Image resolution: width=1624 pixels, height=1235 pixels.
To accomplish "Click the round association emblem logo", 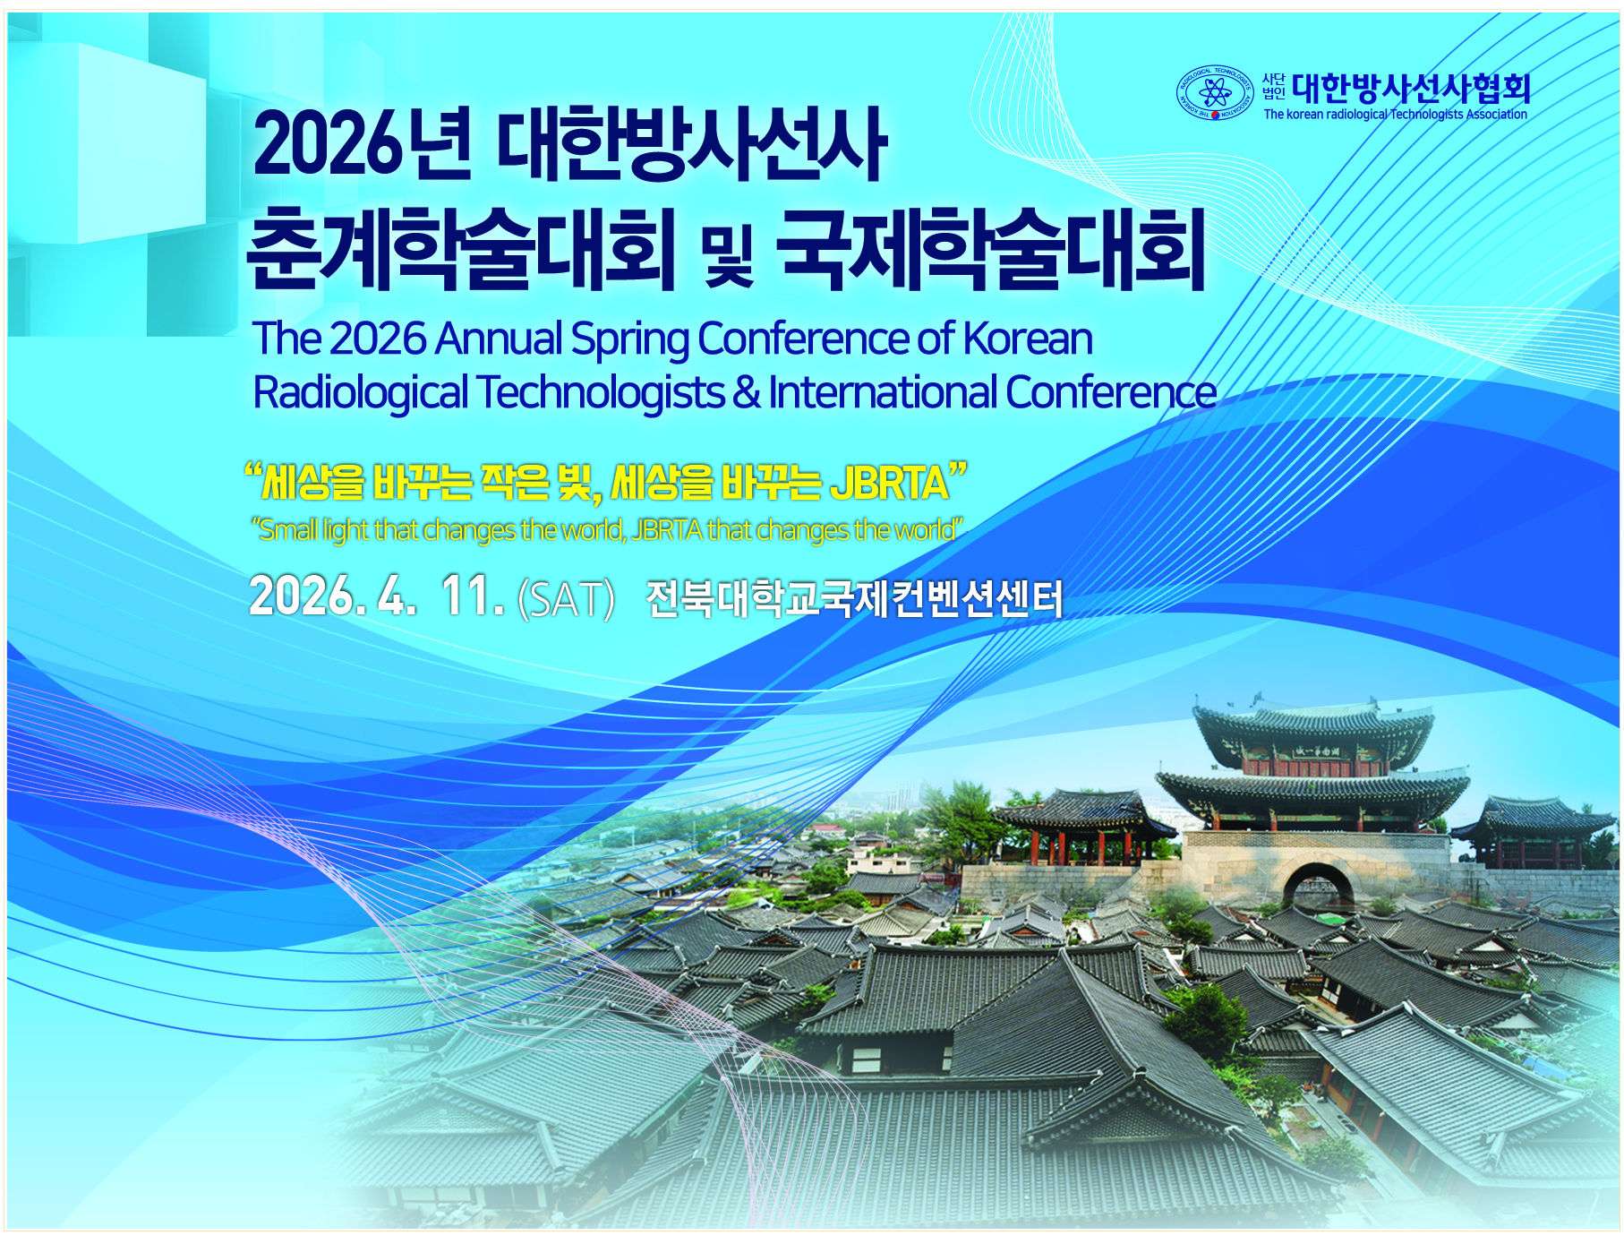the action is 1215,92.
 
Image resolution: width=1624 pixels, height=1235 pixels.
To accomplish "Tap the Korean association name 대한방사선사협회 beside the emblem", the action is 1412,88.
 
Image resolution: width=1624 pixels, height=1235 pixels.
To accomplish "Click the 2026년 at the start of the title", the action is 362,143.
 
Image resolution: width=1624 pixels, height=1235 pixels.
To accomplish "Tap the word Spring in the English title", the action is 631,339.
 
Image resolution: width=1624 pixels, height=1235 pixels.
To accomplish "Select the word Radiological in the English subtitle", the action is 361,392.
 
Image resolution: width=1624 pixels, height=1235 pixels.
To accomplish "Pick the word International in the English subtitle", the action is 883,392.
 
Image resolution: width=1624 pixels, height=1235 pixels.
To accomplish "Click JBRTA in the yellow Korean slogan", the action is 889,483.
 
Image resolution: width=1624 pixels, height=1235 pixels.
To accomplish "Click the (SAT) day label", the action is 567,599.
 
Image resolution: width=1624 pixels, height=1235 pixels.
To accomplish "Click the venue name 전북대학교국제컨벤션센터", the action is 854,598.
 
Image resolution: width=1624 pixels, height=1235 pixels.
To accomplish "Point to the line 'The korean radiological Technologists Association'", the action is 1395,115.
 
